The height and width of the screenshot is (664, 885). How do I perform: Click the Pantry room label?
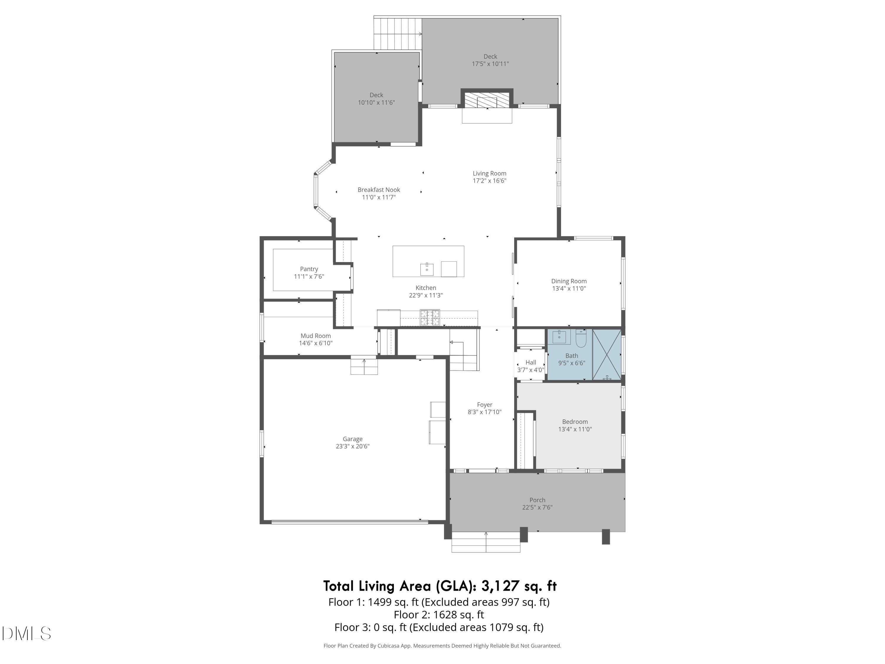309,269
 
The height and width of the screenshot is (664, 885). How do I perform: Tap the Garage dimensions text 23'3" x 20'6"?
353,446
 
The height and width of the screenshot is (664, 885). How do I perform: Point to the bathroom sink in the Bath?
559,337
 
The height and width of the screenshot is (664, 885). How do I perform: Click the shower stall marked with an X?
607,355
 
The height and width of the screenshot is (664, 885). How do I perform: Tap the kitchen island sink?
427,269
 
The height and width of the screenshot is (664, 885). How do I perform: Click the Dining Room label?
568,281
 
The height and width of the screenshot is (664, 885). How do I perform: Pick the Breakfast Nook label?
378,190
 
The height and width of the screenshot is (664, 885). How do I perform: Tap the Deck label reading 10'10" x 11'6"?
376,102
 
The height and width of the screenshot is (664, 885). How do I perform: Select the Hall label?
530,362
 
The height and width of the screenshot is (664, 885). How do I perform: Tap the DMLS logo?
27,634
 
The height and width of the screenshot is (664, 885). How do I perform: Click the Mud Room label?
316,336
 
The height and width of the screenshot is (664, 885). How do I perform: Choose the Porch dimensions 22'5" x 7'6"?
537,507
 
